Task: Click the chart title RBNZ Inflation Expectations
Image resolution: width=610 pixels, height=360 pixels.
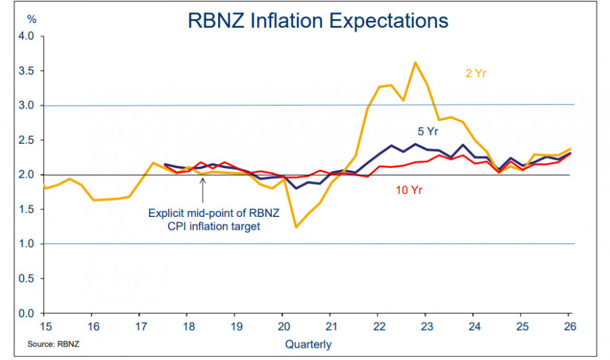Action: click(x=318, y=20)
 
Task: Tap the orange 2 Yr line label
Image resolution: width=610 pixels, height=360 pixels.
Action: click(x=475, y=73)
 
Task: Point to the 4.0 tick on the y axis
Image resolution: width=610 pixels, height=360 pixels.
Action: click(x=27, y=36)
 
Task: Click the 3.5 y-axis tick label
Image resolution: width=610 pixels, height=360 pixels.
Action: click(x=27, y=71)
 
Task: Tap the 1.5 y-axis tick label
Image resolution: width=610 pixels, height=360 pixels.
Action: click(x=27, y=209)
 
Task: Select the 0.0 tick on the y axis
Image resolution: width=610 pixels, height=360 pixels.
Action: click(x=27, y=313)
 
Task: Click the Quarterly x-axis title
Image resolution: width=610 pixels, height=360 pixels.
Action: click(x=308, y=344)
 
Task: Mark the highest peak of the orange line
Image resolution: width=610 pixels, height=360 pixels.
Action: click(x=415, y=62)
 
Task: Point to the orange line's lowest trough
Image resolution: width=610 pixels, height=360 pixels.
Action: click(x=296, y=226)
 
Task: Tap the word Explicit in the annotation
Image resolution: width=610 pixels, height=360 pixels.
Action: click(x=165, y=212)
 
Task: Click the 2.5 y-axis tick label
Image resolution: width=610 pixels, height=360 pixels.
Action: click(x=27, y=140)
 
